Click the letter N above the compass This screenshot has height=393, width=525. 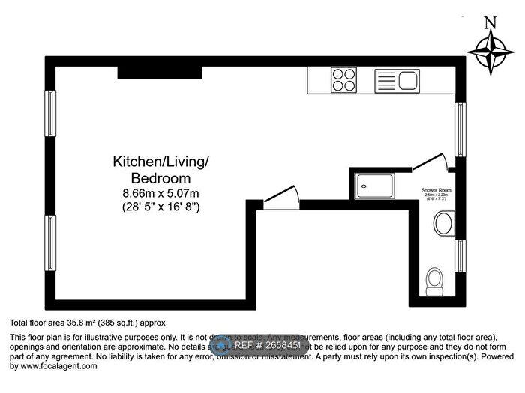pos(490,23)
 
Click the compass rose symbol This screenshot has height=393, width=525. pos(490,52)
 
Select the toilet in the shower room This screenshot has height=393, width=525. pos(433,281)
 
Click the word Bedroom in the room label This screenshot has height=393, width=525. pos(160,178)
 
